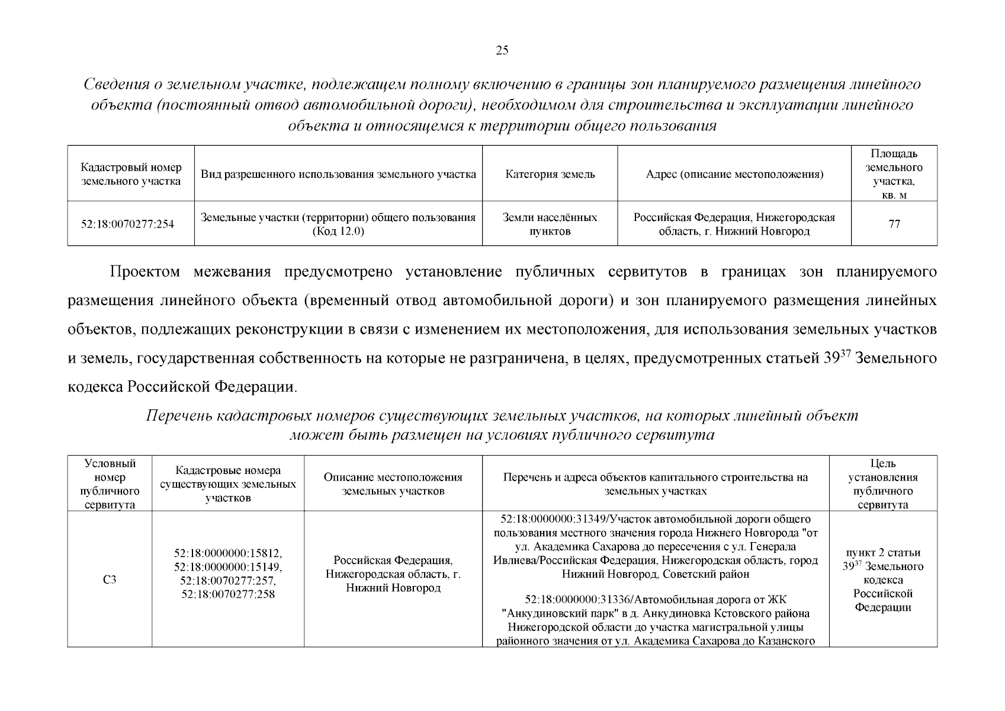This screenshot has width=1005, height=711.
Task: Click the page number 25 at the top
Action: (502, 50)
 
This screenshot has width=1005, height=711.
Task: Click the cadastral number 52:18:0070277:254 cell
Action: (127, 224)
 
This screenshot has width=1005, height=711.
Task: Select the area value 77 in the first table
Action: (894, 224)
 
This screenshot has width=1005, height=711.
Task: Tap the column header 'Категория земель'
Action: (550, 174)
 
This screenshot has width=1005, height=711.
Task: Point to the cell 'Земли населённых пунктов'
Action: (550, 224)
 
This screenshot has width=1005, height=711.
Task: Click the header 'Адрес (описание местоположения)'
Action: (734, 174)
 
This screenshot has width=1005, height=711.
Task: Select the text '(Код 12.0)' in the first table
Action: (338, 231)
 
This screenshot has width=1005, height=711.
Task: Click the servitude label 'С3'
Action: (109, 579)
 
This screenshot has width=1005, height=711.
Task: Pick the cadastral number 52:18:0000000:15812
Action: (228, 553)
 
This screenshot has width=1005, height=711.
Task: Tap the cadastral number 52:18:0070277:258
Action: (228, 594)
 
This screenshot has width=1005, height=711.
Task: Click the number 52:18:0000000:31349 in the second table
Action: (554, 519)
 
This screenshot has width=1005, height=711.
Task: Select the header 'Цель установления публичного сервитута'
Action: (882, 484)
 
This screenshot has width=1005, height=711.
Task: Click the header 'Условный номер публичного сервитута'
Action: (110, 484)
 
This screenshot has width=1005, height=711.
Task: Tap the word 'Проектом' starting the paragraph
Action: (145, 272)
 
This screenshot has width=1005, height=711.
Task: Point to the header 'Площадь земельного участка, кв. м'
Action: (894, 174)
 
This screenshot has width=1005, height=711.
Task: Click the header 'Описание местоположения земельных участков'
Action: (393, 484)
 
